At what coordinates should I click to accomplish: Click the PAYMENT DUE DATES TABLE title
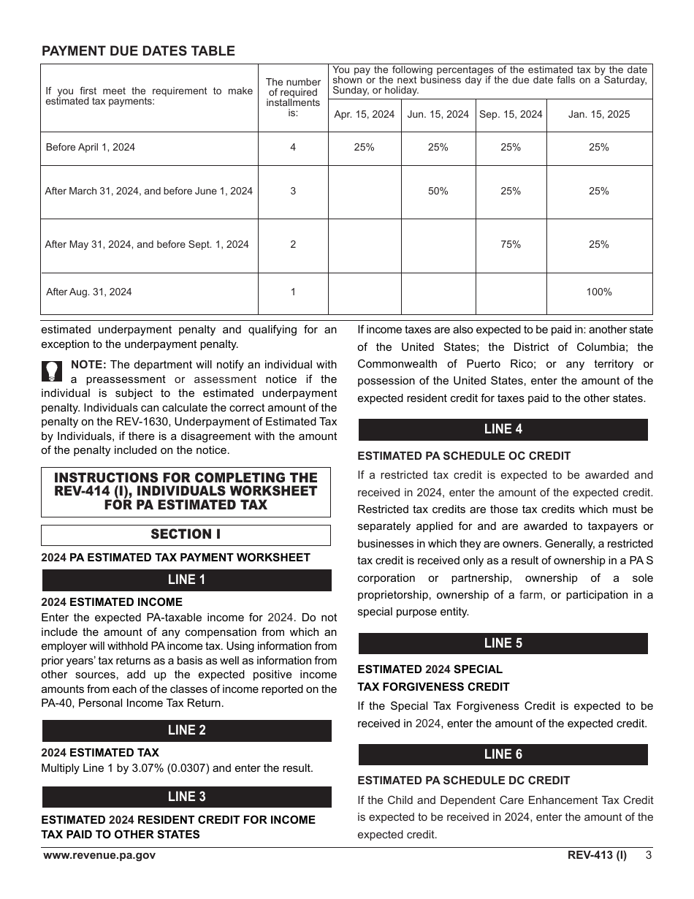pyautogui.click(x=138, y=50)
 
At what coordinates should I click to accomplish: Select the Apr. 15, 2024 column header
pyautogui.click(x=364, y=114)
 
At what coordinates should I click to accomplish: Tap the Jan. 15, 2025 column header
pyautogui.click(x=598, y=114)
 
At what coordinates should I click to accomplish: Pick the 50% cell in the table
pyautogui.click(x=438, y=191)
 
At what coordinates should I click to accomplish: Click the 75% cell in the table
pyautogui.click(x=511, y=245)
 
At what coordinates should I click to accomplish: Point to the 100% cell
pyautogui.click(x=598, y=292)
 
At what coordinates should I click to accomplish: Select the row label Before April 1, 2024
pyautogui.click(x=91, y=147)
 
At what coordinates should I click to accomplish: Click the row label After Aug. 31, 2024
pyautogui.click(x=89, y=292)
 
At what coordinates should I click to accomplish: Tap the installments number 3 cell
pyautogui.click(x=293, y=191)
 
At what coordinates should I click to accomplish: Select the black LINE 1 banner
pyautogui.click(x=186, y=580)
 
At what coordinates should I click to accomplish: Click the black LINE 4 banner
pyautogui.click(x=503, y=429)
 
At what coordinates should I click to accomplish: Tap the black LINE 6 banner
pyautogui.click(x=503, y=754)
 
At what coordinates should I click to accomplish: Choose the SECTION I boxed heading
pyautogui.click(x=186, y=534)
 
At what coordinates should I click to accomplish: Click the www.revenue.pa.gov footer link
pyautogui.click(x=99, y=856)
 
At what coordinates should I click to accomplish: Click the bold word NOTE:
pyautogui.click(x=88, y=364)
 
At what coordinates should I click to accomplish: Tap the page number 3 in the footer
pyautogui.click(x=648, y=856)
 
